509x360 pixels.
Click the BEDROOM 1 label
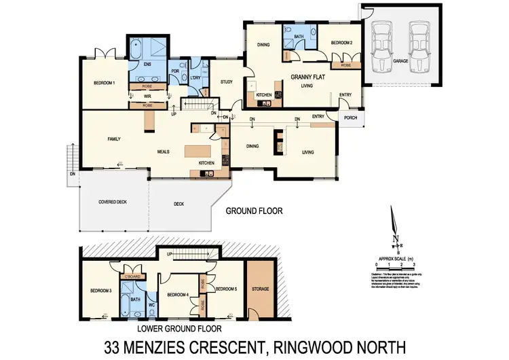coord(104,84)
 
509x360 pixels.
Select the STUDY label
coord(227,82)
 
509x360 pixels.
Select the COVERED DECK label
coord(113,202)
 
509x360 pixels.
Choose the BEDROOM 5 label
coord(225,289)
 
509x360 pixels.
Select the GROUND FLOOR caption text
coord(254,211)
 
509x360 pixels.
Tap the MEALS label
coord(163,151)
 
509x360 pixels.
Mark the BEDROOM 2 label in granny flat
coord(341,43)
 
